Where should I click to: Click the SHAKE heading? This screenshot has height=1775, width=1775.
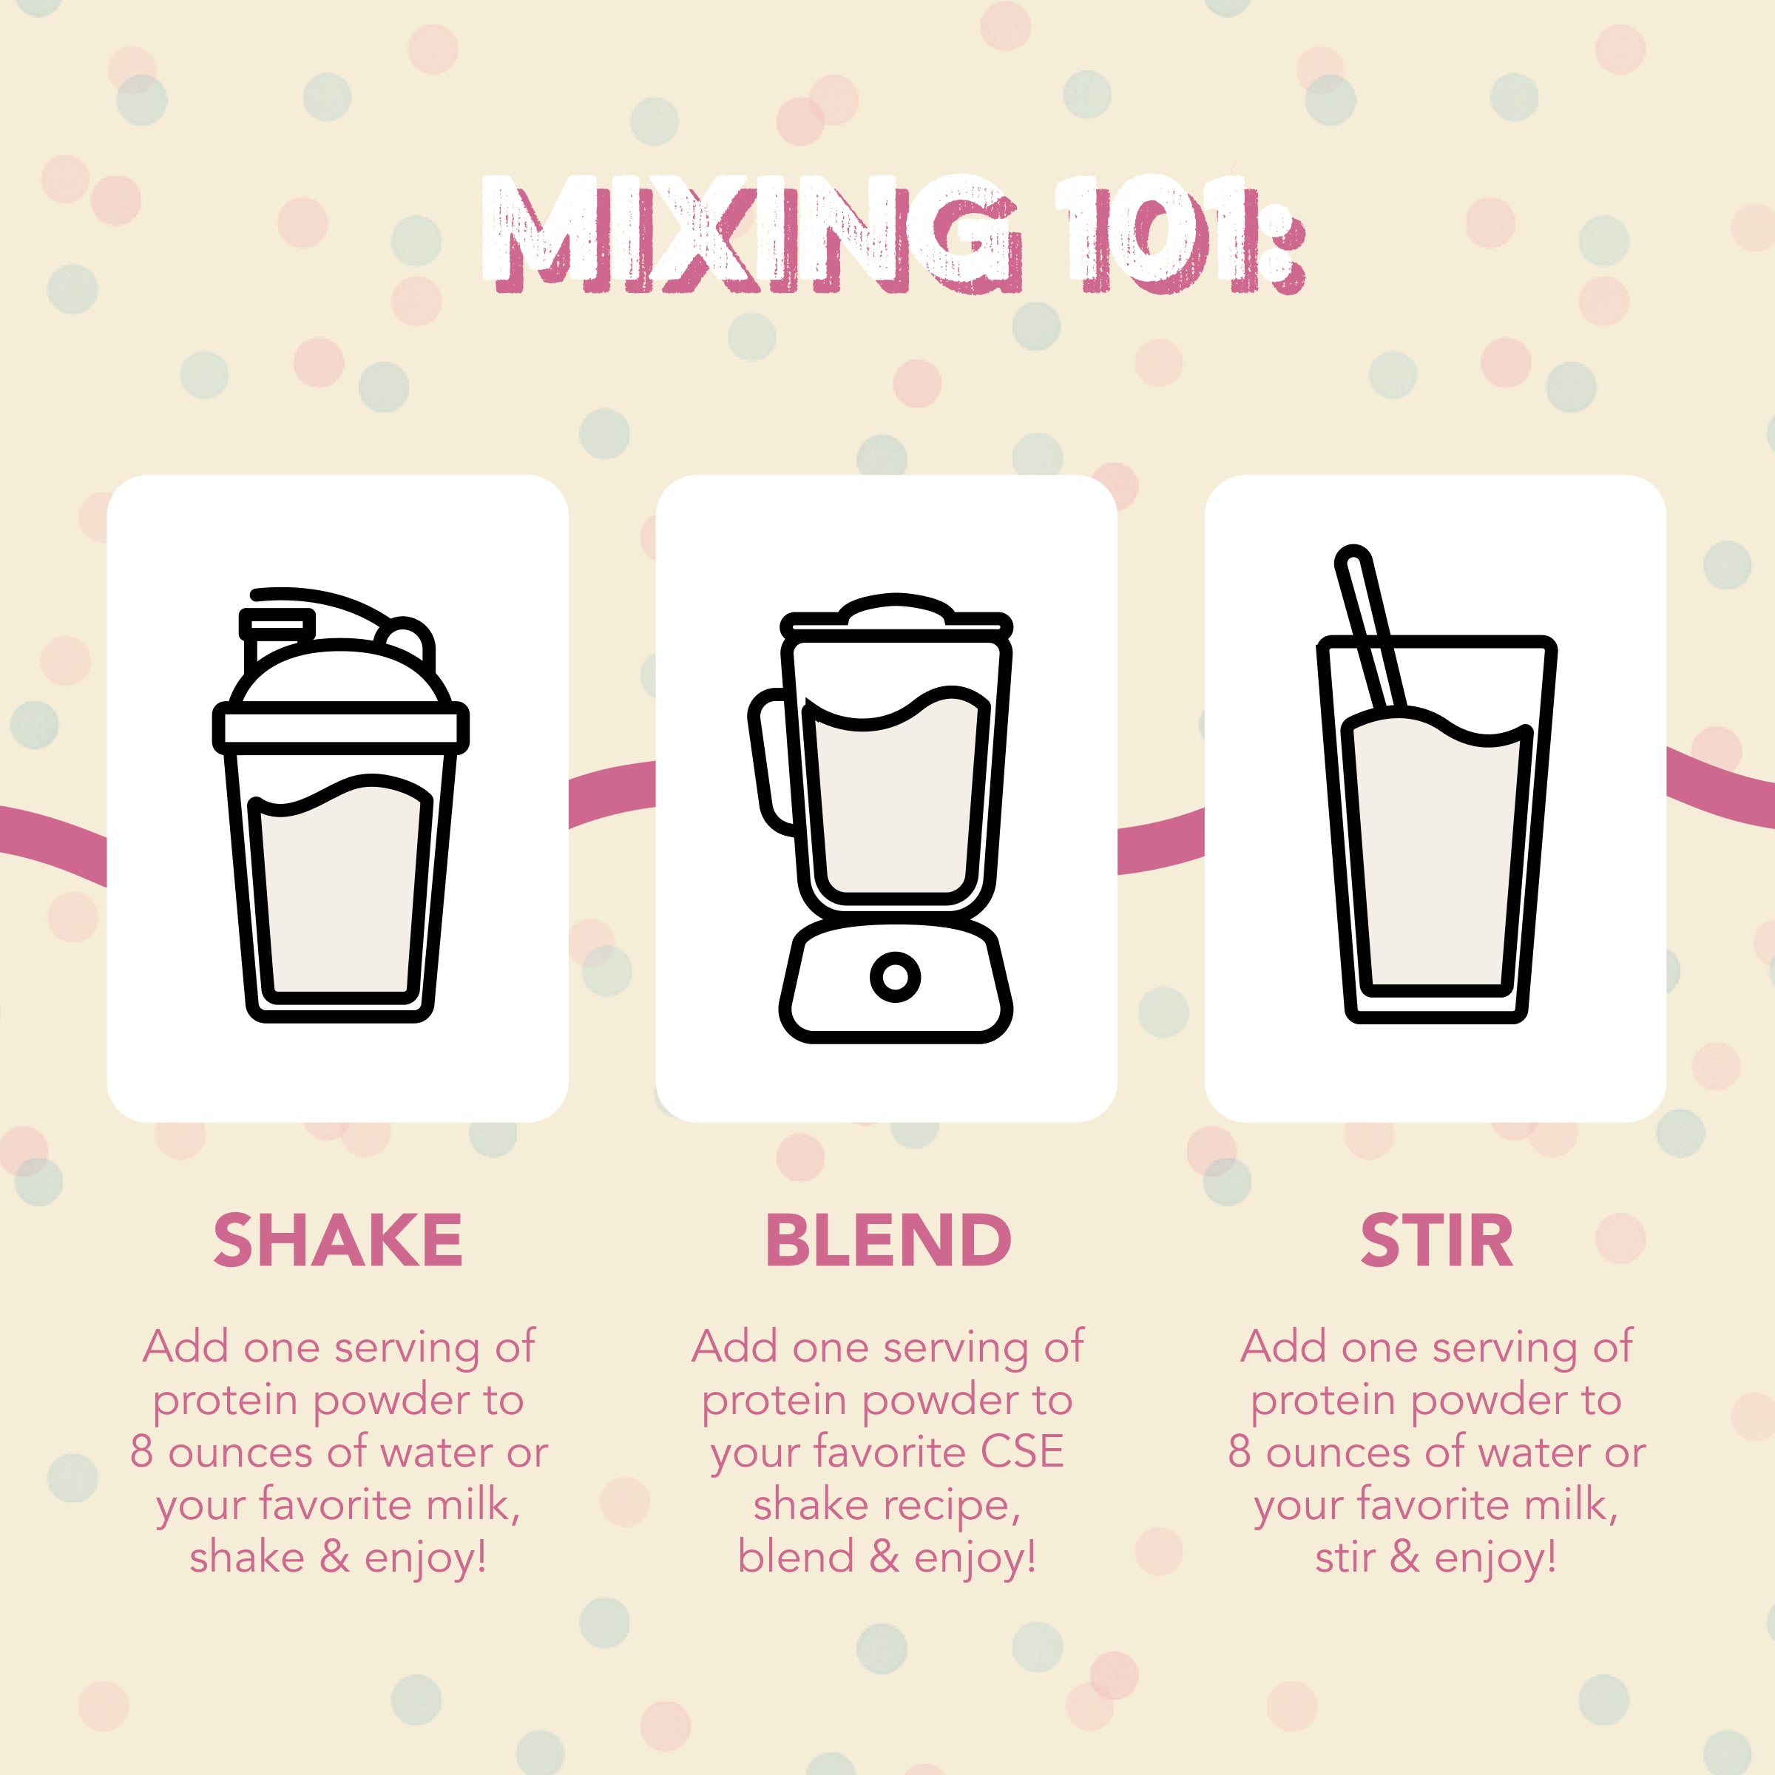pos(337,1240)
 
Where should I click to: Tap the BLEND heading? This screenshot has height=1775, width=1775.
pos(887,1240)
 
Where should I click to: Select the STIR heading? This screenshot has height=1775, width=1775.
pos(1436,1240)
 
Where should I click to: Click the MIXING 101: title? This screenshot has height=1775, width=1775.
pos(891,234)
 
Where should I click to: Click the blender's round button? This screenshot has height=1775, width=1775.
pos(895,976)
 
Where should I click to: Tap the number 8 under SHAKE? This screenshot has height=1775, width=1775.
pos(141,1453)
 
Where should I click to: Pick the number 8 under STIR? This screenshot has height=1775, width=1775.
pos(1240,1453)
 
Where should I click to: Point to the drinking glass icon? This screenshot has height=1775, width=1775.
pos(1436,827)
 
